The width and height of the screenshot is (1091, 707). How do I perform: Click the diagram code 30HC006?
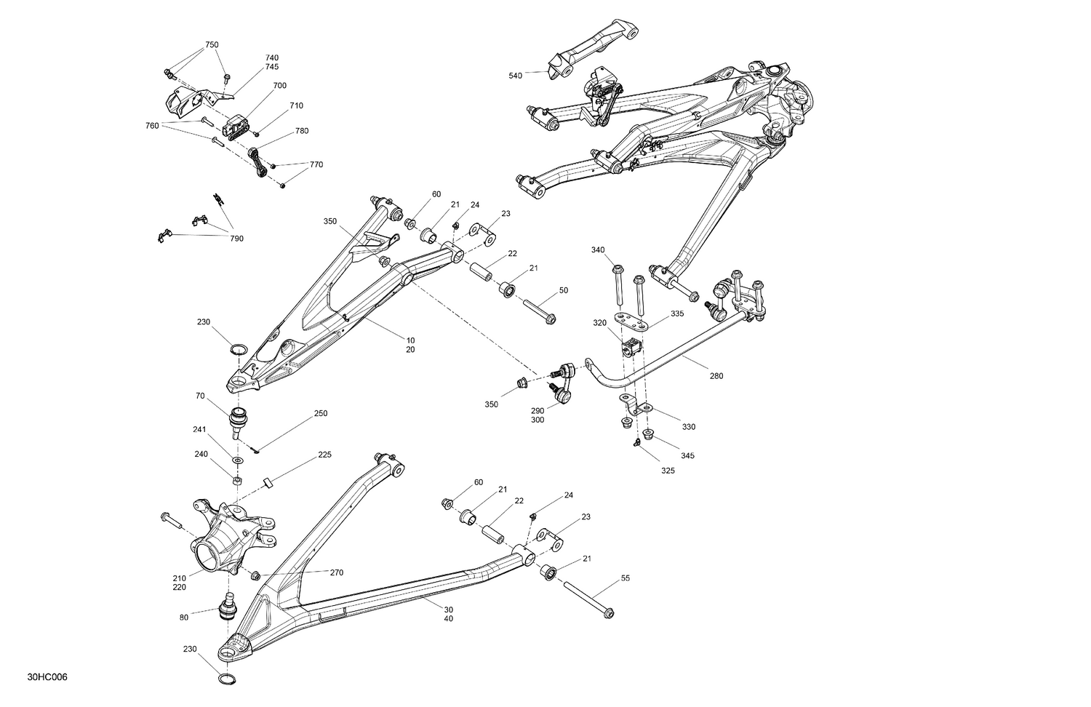[48, 677]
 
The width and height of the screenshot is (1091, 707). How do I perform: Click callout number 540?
[515, 76]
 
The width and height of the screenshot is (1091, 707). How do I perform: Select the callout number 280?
[716, 376]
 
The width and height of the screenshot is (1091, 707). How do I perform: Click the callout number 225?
[324, 455]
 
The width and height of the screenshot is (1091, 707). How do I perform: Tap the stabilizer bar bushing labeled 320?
[631, 348]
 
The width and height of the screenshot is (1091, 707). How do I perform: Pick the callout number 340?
[597, 250]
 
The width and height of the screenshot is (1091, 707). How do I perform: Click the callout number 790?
[236, 239]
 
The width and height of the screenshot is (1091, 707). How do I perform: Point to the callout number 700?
[279, 85]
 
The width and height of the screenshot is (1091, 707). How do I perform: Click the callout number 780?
[302, 131]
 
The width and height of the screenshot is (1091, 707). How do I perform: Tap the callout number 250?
[320, 413]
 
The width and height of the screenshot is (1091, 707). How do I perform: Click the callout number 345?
[687, 455]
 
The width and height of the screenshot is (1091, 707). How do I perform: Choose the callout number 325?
[668, 471]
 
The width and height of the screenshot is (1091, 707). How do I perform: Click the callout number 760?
[151, 126]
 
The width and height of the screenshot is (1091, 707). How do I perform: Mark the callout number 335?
[677, 313]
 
